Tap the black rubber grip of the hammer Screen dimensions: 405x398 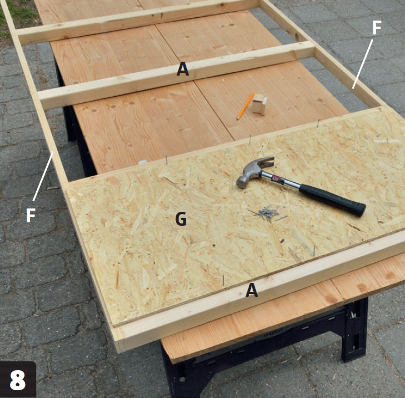(x=333, y=200)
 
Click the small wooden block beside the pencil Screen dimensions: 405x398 (x=260, y=104)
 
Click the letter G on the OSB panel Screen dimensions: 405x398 (x=181, y=219)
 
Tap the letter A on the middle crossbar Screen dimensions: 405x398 (x=182, y=69)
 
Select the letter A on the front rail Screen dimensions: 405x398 (x=251, y=290)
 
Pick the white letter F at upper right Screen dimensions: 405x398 (x=377, y=28)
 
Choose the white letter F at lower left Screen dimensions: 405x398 (x=31, y=215)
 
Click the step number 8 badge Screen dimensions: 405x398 (x=18, y=380)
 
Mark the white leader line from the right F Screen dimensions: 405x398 (x=363, y=64)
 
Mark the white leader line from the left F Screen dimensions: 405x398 (x=43, y=176)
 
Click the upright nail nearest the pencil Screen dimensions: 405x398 (x=250, y=139)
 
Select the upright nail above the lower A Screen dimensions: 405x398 (x=223, y=280)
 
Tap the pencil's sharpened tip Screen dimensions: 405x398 (x=238, y=119)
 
